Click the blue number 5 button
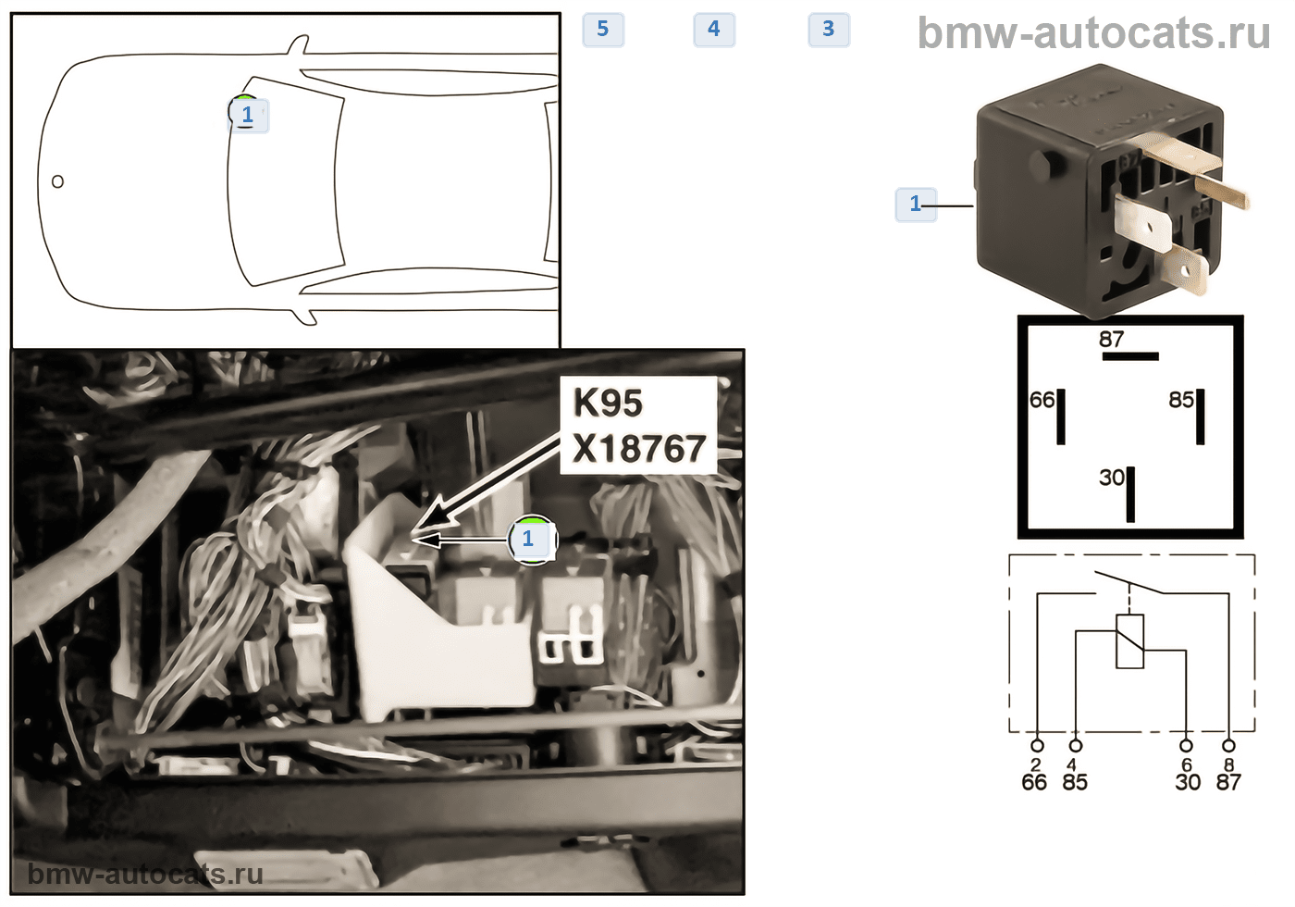[x=603, y=29]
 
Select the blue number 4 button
[x=714, y=29]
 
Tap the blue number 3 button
[x=829, y=29]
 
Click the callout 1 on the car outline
[x=248, y=115]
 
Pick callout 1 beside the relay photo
[x=915, y=205]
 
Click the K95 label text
[x=609, y=404]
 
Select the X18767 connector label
[x=639, y=448]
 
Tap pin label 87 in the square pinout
[x=1111, y=339]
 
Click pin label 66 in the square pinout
[x=1042, y=400]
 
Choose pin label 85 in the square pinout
[x=1181, y=400]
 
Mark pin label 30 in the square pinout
[x=1112, y=478]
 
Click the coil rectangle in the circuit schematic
[x=1129, y=641]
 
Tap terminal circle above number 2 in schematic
[x=1038, y=745]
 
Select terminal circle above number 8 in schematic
[x=1229, y=745]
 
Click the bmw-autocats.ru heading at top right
[x=1093, y=33]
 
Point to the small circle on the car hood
[x=57, y=181]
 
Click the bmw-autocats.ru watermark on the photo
[x=145, y=874]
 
